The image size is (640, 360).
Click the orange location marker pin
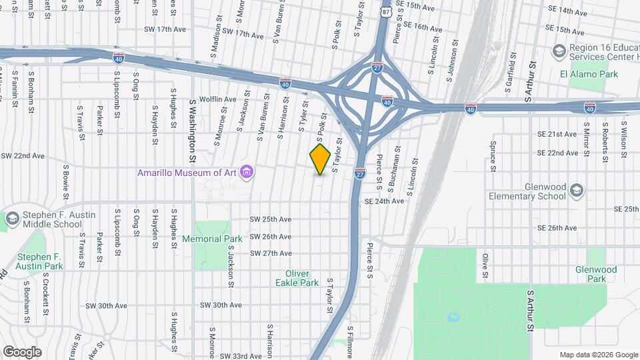coord(320,159)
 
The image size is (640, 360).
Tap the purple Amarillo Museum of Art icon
coord(247,173)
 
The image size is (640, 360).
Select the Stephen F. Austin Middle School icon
coord(12,218)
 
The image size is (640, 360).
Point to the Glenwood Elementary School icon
coord(577,191)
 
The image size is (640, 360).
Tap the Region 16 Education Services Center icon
coord(558,51)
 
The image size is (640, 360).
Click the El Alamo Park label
coord(589,74)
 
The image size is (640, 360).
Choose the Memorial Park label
coord(212,239)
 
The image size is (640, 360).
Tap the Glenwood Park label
coord(596,274)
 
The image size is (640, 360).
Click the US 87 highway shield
coord(386,11)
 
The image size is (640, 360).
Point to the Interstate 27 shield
coord(359,173)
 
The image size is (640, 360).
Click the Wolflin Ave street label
coord(213,99)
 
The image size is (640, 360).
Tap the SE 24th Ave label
coord(383,201)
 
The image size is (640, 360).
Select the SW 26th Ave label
coord(270,237)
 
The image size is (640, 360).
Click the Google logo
coord(22,352)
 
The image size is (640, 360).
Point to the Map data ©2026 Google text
coord(598,355)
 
